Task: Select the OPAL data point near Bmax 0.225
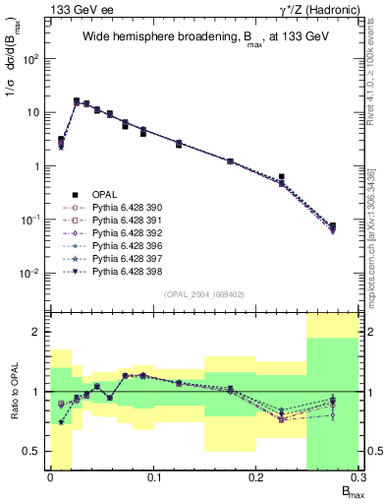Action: [282, 177]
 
